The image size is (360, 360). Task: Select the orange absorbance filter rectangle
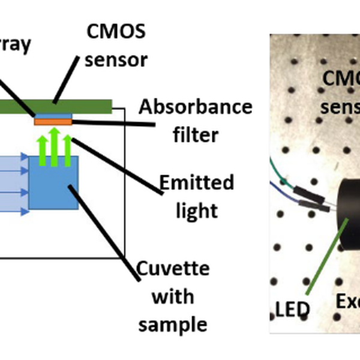pos(53,122)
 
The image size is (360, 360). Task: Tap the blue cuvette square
pos(54,183)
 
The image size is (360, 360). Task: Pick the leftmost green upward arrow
pos(42,150)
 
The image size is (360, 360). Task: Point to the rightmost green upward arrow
pos(67,150)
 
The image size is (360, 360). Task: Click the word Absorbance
pos(196,108)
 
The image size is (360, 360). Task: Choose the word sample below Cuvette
pos(173,325)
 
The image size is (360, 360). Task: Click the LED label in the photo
pos(293,309)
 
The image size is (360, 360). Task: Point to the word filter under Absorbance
pos(196,136)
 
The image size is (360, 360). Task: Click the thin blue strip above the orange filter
pos(53,115)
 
